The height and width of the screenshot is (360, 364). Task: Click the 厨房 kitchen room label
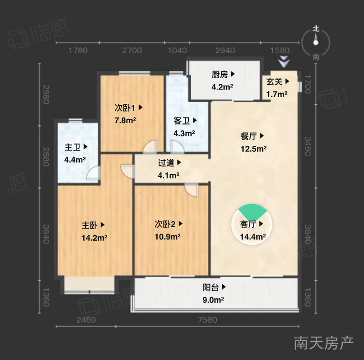click(220, 74)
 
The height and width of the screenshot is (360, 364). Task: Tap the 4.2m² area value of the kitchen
click(222, 87)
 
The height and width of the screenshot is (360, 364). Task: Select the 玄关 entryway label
click(274, 81)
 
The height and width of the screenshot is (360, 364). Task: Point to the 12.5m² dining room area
click(254, 148)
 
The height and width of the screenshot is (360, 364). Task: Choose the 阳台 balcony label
click(211, 287)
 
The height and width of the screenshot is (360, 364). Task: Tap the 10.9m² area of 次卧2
click(168, 237)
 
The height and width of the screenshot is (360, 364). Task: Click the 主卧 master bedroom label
click(90, 225)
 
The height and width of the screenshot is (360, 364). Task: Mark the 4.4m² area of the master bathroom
click(75, 160)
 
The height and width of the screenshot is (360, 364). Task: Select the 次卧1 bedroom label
click(125, 108)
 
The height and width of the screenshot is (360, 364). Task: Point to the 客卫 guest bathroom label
click(182, 121)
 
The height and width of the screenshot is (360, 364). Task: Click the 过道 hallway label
click(166, 163)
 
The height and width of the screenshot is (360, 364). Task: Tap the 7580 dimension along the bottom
click(208, 320)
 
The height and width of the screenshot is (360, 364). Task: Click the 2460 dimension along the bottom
click(86, 320)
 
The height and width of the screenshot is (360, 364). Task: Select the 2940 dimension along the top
click(225, 50)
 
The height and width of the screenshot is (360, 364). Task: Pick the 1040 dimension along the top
click(177, 50)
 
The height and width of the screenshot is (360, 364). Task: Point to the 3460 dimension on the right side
click(308, 146)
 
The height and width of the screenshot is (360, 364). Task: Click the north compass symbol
click(315, 43)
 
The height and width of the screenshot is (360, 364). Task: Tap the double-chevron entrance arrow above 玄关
click(284, 63)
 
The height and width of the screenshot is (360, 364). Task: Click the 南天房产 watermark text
click(324, 343)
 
